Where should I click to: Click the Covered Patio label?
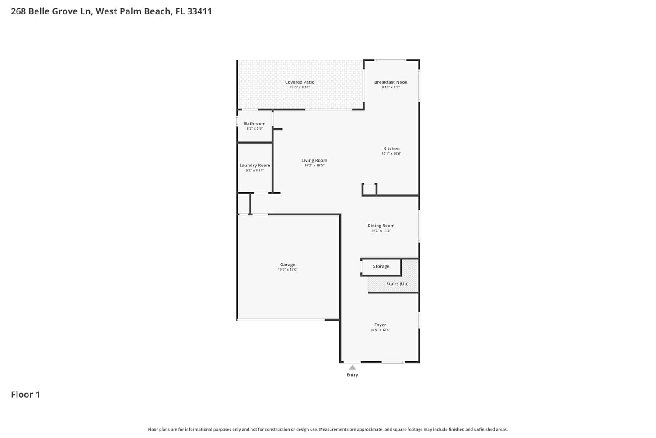pyautogui.click(x=300, y=82)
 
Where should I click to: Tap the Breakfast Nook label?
pyautogui.click(x=391, y=82)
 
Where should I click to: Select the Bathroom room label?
pyautogui.click(x=255, y=124)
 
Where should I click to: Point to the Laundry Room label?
pyautogui.click(x=255, y=166)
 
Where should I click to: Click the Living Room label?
pyautogui.click(x=314, y=160)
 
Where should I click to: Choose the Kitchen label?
pyautogui.click(x=391, y=149)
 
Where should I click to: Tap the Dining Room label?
pyautogui.click(x=381, y=226)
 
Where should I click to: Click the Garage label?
pyautogui.click(x=288, y=265)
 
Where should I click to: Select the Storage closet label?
pyautogui.click(x=381, y=266)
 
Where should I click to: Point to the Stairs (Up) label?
pyautogui.click(x=398, y=284)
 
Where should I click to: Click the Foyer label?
pyautogui.click(x=380, y=325)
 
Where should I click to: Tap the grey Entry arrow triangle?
pyautogui.click(x=352, y=367)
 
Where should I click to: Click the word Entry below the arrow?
pyautogui.click(x=352, y=374)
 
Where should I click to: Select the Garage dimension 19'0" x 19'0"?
pyautogui.click(x=288, y=270)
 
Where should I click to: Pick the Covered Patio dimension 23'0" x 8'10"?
pyautogui.click(x=300, y=87)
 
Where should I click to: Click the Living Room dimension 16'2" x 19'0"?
pyautogui.click(x=314, y=166)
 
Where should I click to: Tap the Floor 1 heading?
pyautogui.click(x=25, y=395)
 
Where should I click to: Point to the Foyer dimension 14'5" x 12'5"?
pyautogui.click(x=380, y=330)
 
